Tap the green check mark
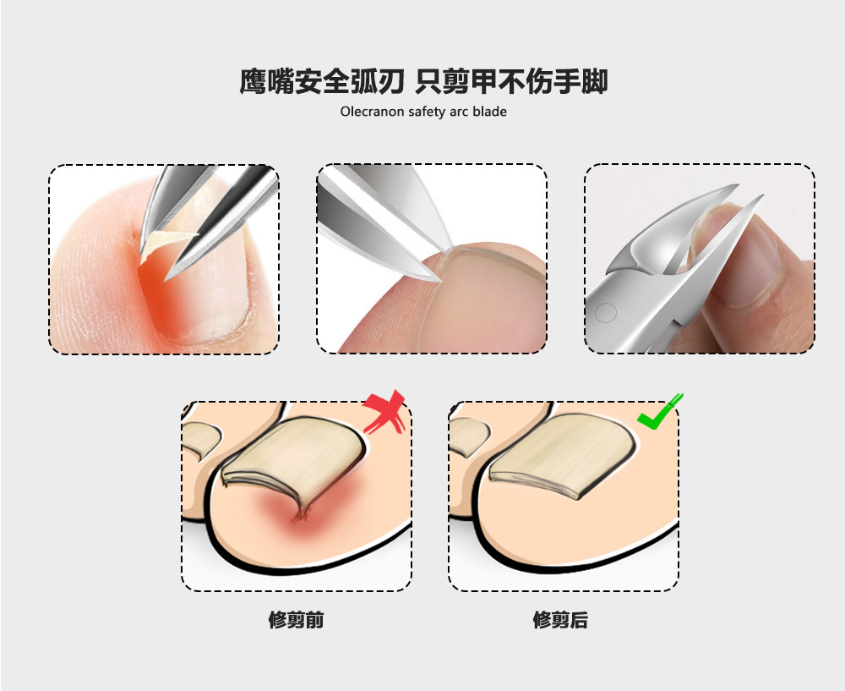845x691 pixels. [659, 413]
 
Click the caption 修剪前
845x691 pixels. [296, 620]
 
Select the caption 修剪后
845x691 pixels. [560, 620]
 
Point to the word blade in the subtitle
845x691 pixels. [490, 111]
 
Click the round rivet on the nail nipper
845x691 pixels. [603, 312]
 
